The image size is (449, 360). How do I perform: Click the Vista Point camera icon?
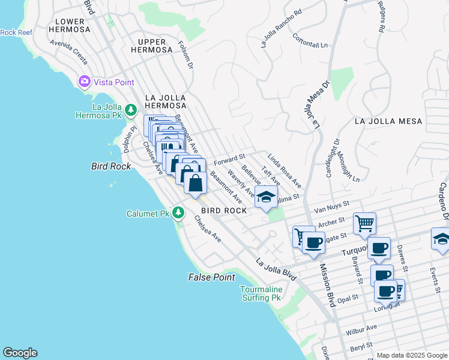coord(84,81)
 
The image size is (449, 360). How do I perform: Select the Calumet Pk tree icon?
coord(178,213)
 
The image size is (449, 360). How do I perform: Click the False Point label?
coord(211,277)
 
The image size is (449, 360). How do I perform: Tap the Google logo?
coord(20,353)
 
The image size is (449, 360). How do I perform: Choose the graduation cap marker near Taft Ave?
coord(266,196)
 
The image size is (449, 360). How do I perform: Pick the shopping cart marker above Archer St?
coord(364,223)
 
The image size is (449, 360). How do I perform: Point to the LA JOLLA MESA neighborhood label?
coord(388,121)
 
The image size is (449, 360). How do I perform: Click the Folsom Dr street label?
coord(185,55)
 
